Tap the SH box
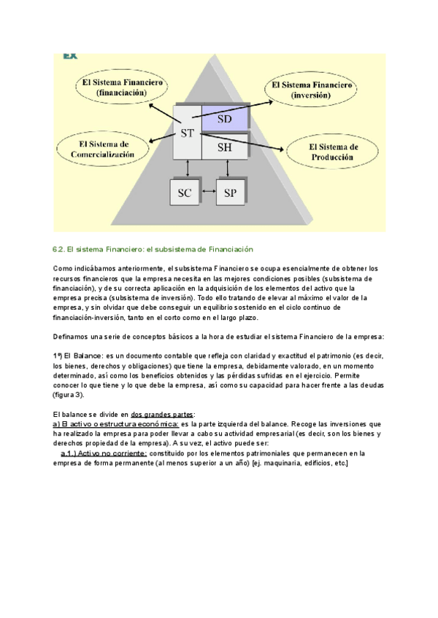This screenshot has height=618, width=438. (x=224, y=146)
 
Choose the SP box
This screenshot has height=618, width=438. (x=231, y=192)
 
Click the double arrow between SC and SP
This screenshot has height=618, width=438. (x=207, y=192)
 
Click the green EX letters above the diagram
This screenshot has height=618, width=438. (x=70, y=55)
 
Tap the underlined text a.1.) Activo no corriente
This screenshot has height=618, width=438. (x=104, y=453)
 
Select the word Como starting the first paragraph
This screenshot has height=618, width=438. (x=63, y=269)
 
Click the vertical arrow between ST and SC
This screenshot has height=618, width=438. (x=188, y=168)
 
